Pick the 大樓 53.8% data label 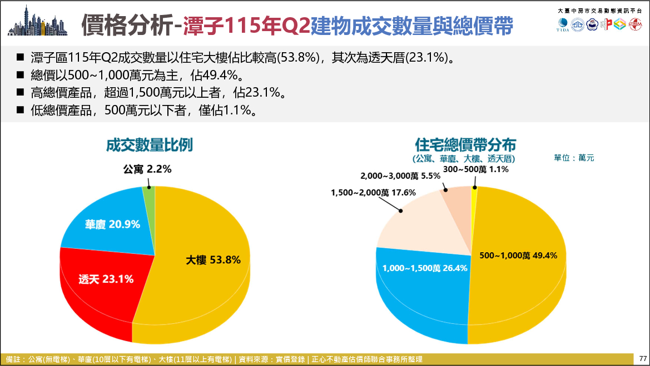pos(213,260)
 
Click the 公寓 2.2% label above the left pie pos(147,169)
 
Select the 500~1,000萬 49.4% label pos(518,255)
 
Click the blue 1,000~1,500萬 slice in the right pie pos(423,290)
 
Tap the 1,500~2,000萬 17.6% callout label pos(373,193)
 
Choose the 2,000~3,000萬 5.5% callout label pos(400,176)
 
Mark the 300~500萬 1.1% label pos(476,169)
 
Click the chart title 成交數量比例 pos(150,145)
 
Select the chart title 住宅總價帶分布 pos(465,145)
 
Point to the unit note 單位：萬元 pos(574,158)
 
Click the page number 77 pos(643,359)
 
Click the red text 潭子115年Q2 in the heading pos(246,26)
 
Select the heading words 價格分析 pos(127,25)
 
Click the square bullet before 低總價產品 pos(21,110)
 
